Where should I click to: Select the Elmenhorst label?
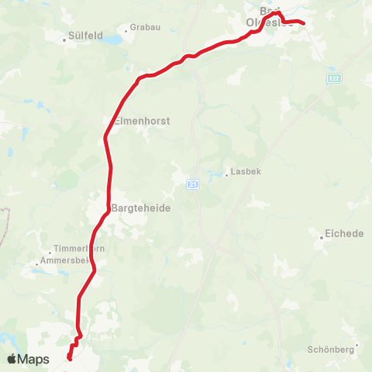pyautogui.click(x=141, y=121)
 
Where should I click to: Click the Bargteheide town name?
pyautogui.click(x=141, y=208)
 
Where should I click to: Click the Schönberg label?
pyautogui.click(x=331, y=350)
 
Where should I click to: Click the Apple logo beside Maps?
pyautogui.click(x=12, y=359)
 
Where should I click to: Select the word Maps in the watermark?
pyautogui.click(x=34, y=359)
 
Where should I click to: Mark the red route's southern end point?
pyautogui.click(x=70, y=358)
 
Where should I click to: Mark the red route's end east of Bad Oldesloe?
pyautogui.click(x=304, y=22)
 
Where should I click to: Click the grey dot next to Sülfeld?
pyautogui.click(x=65, y=36)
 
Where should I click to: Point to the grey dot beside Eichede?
pyautogui.click(x=322, y=237)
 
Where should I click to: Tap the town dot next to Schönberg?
pyautogui.click(x=356, y=345)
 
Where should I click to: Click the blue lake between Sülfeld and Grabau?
pyautogui.click(x=115, y=37)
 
